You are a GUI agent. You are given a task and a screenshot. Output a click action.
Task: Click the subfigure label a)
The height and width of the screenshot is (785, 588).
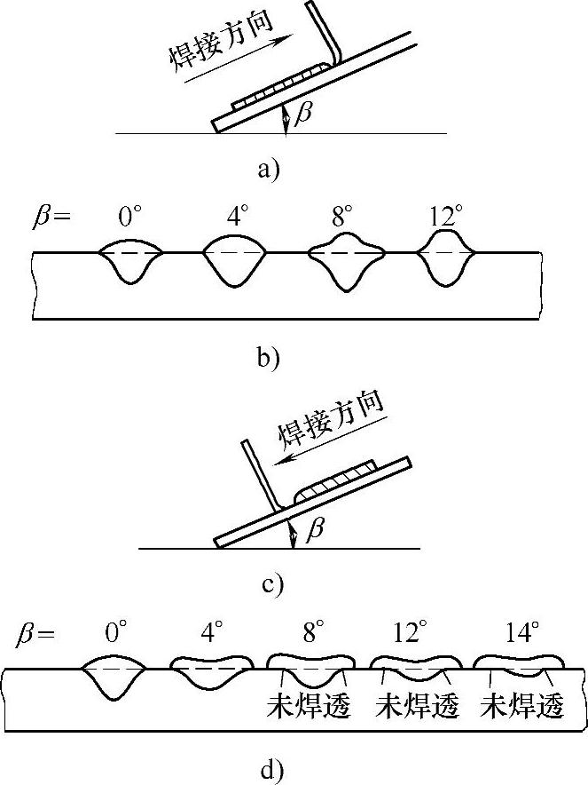pos(268,170)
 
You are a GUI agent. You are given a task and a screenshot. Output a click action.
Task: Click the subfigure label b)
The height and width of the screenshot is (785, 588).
pos(268,358)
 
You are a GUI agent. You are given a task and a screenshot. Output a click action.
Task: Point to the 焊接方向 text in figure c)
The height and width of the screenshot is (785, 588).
pos(332,417)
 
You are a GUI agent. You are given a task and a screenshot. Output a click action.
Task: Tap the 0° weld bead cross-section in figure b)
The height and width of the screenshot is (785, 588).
pos(129,260)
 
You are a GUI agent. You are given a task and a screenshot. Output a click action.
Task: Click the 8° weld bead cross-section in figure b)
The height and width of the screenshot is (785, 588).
pos(346,260)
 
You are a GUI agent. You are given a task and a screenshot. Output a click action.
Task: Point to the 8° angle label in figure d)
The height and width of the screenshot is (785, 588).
pos(312,632)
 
